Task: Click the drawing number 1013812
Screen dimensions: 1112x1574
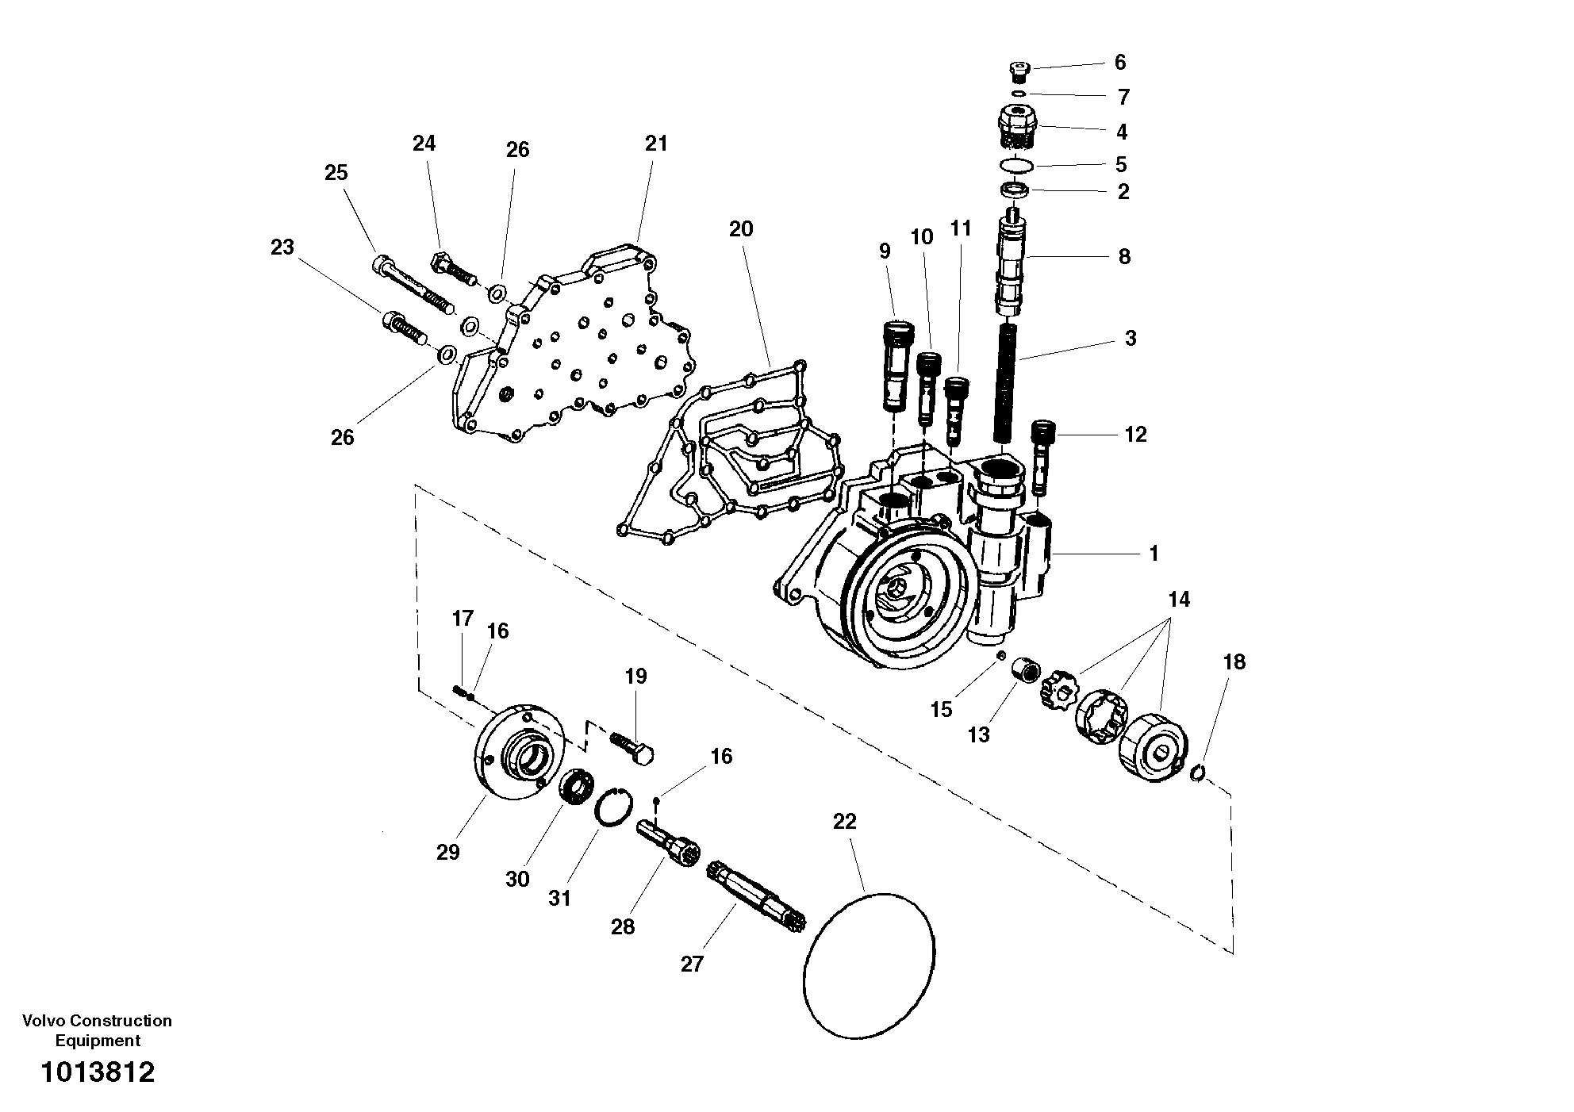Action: coord(98,1072)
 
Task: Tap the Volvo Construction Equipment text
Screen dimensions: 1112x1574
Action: coord(97,1030)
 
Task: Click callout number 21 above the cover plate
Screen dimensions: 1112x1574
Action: coord(656,144)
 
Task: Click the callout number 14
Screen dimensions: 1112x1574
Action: coord(1179,600)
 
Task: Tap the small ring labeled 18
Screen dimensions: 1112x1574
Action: coord(1199,770)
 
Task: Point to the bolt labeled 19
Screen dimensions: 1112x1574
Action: coord(633,746)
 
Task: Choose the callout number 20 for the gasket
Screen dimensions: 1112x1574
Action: coord(741,229)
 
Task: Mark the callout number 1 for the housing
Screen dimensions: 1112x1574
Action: coord(1154,553)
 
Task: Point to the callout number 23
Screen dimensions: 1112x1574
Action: coord(282,247)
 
